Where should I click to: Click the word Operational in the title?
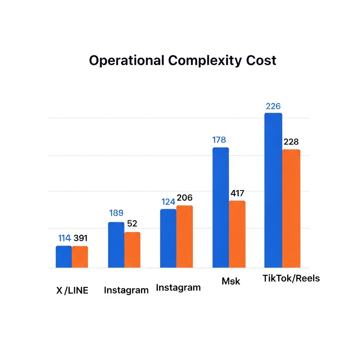[x=127, y=60]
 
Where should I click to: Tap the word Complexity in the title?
[x=205, y=61]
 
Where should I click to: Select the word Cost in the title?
[x=261, y=60]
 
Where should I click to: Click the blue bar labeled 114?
[x=64, y=257]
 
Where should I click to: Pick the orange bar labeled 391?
[x=80, y=257]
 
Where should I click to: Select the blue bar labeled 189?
[x=116, y=245]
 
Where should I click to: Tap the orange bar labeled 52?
[x=132, y=250]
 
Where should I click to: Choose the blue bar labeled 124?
[x=168, y=238]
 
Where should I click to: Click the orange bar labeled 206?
[x=185, y=237]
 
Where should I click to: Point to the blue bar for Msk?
[x=221, y=207]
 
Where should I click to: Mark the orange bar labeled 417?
[x=237, y=234]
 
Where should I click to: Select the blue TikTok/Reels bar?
[x=273, y=190]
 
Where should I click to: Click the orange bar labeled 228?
[x=291, y=208]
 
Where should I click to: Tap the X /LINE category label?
[x=72, y=290]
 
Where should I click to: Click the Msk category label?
[x=231, y=281]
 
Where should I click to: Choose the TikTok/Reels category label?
[x=291, y=278]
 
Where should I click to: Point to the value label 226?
[x=273, y=106]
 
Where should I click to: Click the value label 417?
[x=237, y=193]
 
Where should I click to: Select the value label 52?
[x=132, y=223]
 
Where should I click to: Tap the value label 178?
[x=219, y=140]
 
